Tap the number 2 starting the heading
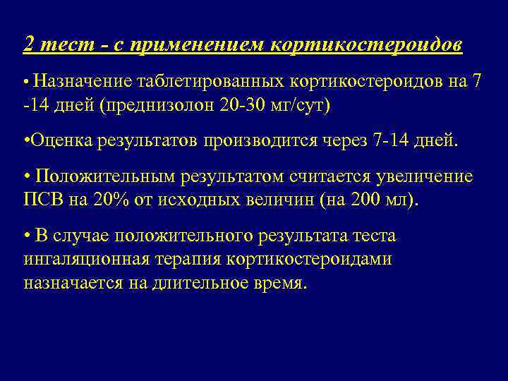pyautogui.click(x=28, y=44)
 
